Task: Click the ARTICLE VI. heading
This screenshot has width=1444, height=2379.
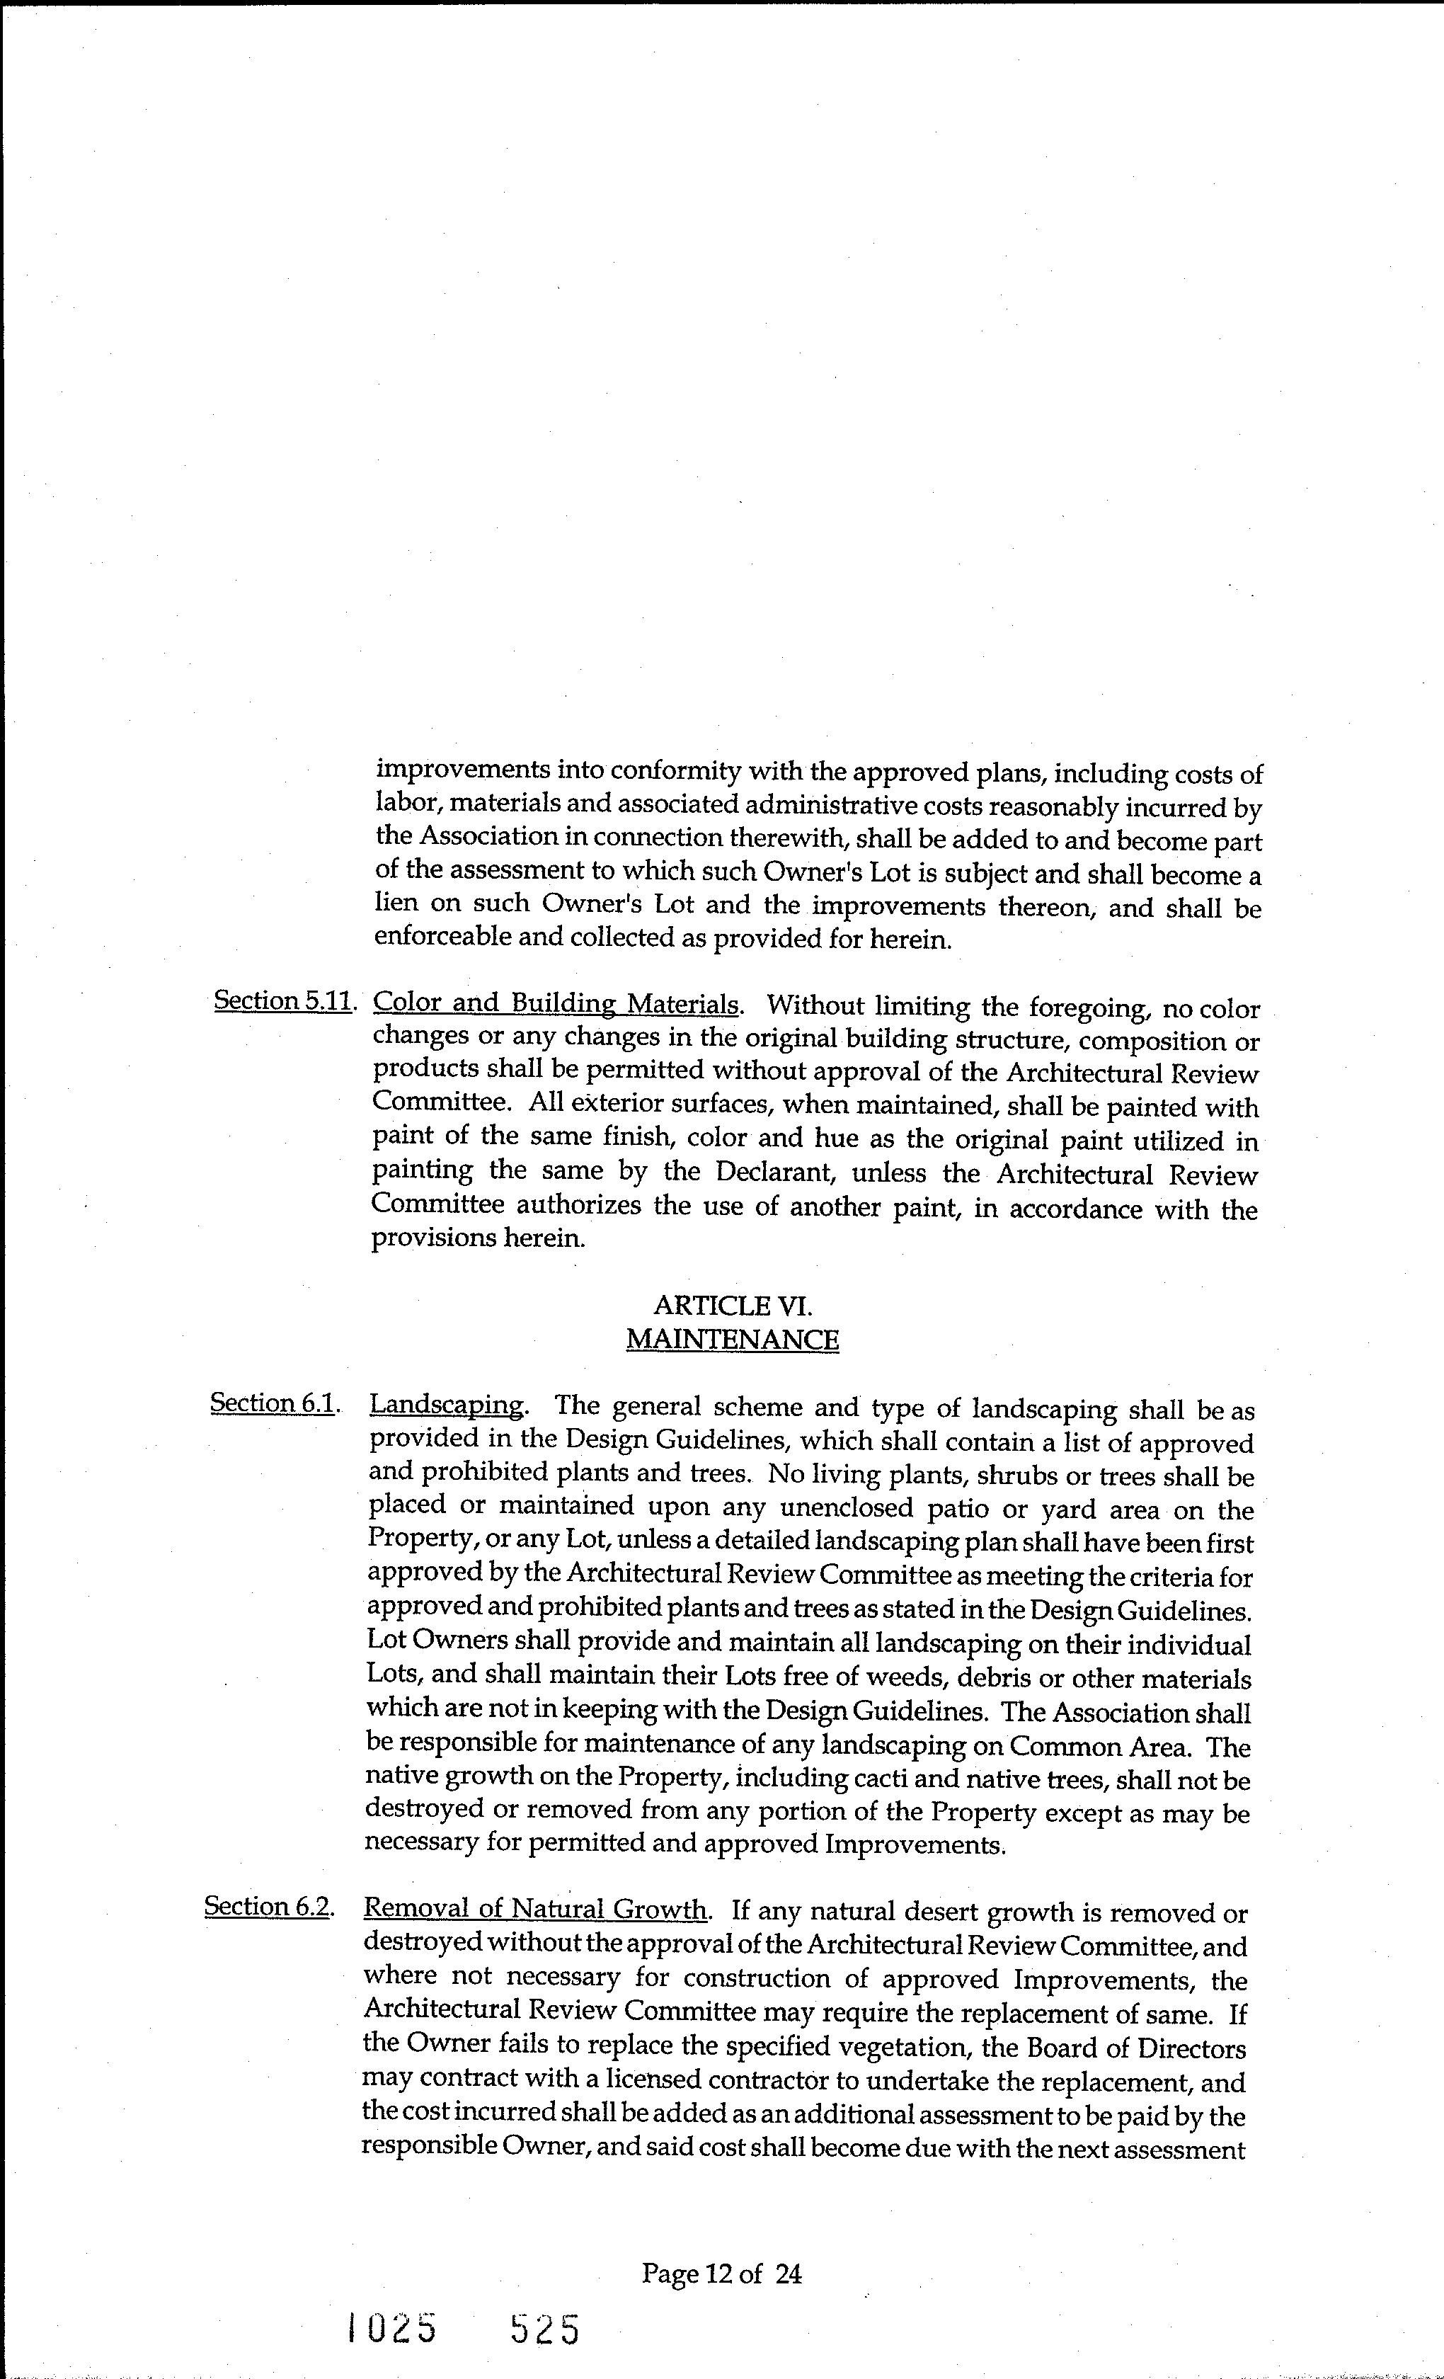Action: coord(733,1306)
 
